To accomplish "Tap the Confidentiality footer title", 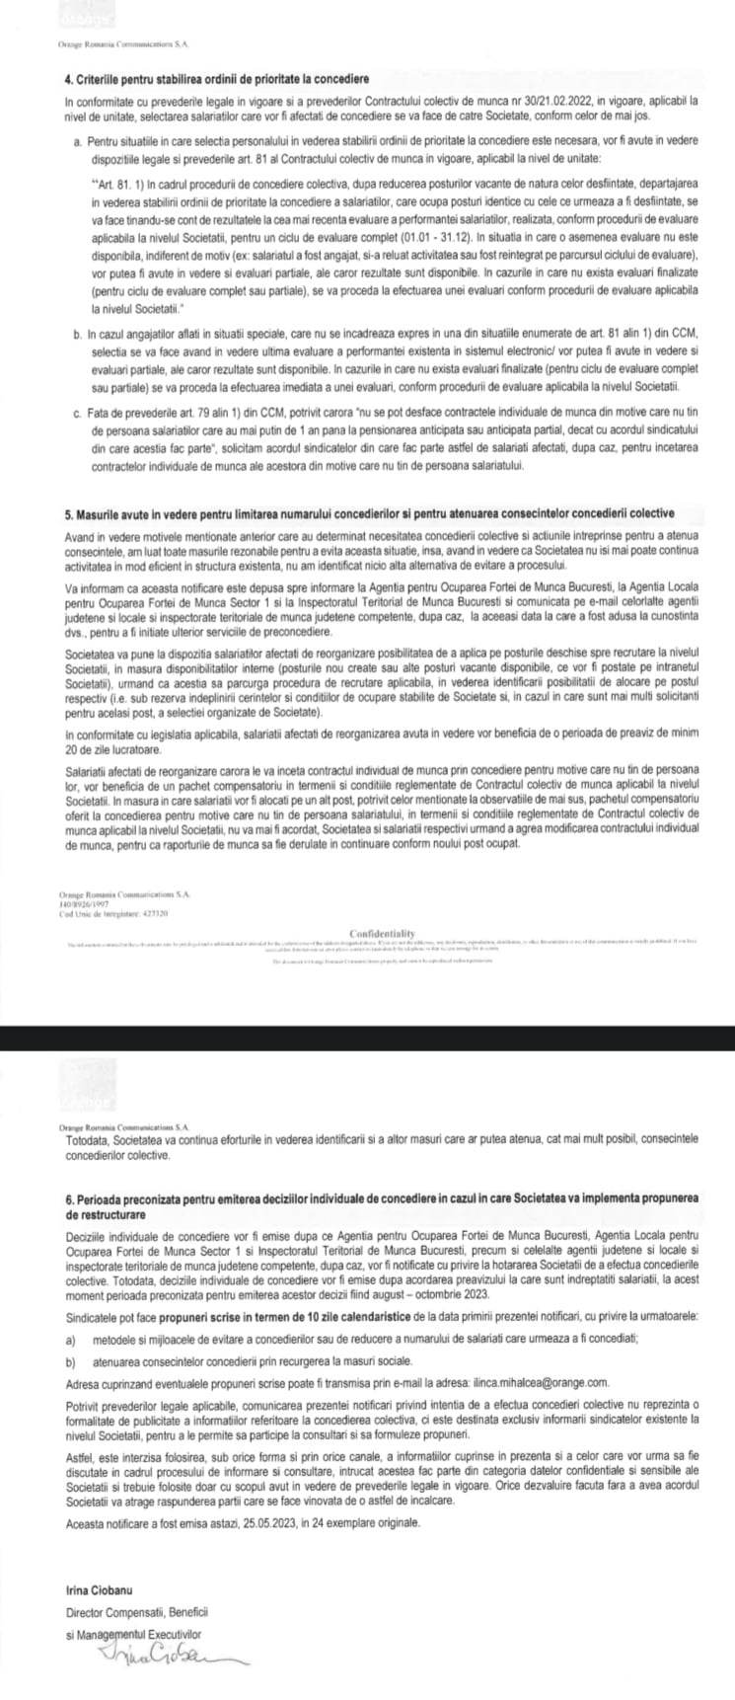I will pos(382,933).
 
